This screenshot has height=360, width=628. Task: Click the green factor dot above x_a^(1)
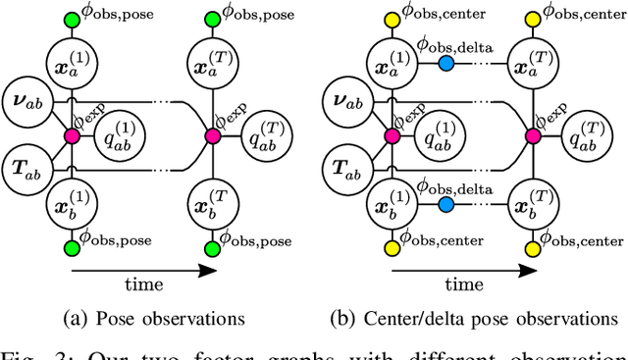click(70, 20)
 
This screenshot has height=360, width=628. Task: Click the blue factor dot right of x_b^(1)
click(447, 205)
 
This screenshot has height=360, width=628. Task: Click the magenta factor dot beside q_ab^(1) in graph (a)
click(70, 135)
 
